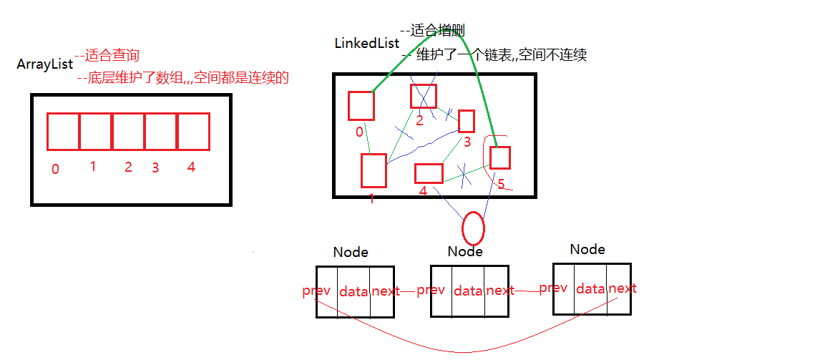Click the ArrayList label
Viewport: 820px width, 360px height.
tap(44, 64)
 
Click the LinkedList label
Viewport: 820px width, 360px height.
tap(366, 43)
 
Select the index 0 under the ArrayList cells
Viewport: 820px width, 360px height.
tap(55, 170)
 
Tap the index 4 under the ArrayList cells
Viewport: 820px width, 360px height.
tap(190, 167)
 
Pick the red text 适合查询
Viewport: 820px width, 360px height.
tap(111, 56)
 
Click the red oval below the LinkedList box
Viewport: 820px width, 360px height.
tap(473, 228)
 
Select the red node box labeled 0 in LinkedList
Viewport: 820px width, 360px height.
tap(361, 106)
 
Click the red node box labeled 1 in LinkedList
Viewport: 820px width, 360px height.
tap(374, 170)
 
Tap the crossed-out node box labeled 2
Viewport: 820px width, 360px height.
tap(423, 96)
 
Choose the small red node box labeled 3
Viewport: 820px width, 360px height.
tap(467, 121)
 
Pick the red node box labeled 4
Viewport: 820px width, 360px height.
tap(429, 173)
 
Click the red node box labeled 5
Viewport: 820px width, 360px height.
tap(499, 157)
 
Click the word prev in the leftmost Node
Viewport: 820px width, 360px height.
tap(316, 291)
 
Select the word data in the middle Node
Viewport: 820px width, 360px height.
tap(468, 291)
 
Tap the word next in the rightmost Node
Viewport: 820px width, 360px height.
tap(622, 288)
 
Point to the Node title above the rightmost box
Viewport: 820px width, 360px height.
tap(587, 249)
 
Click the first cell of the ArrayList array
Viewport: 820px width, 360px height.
tap(63, 131)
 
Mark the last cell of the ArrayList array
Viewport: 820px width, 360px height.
tap(193, 131)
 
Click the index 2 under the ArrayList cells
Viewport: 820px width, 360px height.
tap(128, 167)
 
